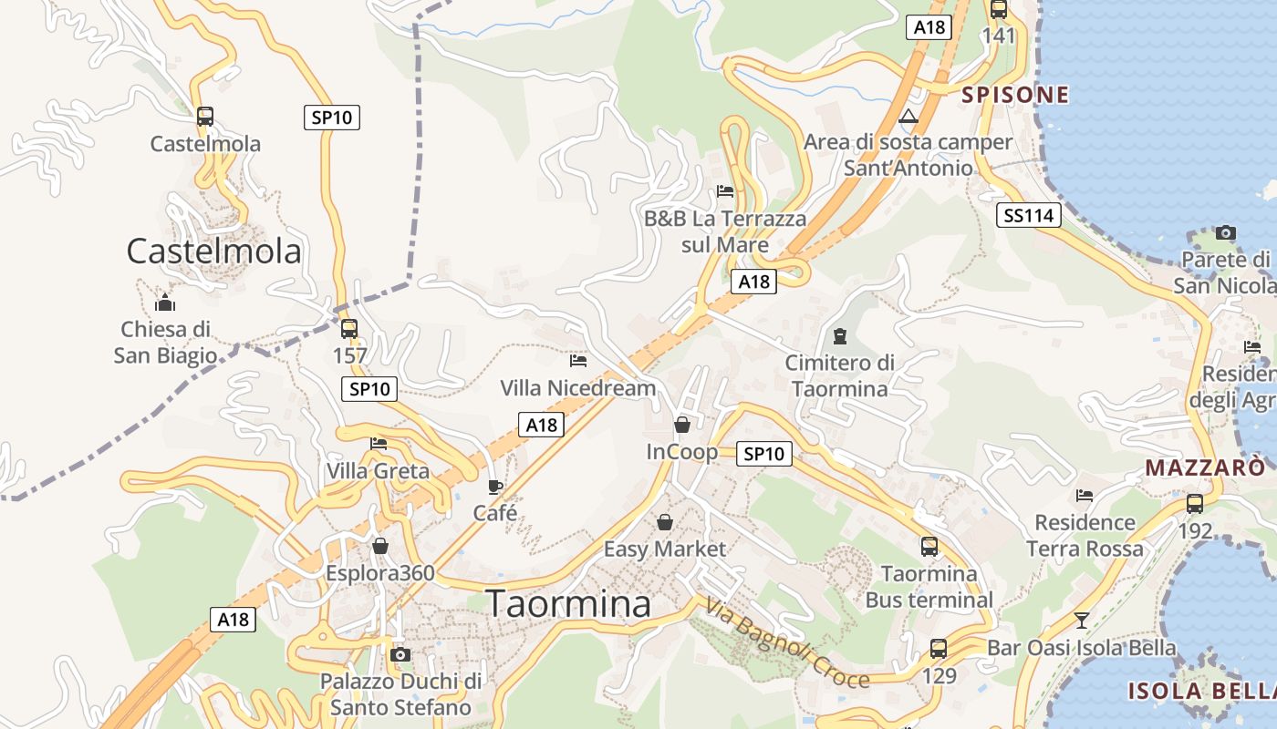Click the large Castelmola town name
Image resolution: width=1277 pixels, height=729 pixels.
[x=213, y=251]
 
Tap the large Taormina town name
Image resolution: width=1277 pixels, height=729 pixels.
[x=568, y=603]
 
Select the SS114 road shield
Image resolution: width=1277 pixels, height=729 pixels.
[x=1029, y=215]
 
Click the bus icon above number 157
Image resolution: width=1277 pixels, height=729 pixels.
[x=349, y=329]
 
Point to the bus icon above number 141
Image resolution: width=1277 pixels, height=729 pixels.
[x=999, y=10]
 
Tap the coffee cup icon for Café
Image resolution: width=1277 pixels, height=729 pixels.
[x=495, y=488]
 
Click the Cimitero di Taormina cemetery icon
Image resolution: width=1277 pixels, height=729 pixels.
[x=840, y=336]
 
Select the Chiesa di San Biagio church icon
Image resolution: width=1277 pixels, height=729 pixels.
[x=165, y=302]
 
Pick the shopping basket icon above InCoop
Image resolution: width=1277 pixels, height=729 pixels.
[x=681, y=425]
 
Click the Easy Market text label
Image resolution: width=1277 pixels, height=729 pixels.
[x=665, y=549]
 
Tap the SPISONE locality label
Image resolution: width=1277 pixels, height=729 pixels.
[x=1015, y=95]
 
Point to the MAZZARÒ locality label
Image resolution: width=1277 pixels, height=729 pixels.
[x=1205, y=468]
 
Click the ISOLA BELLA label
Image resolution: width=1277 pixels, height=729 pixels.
[x=1201, y=691]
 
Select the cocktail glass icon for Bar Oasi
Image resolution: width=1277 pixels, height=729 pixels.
[x=1082, y=621]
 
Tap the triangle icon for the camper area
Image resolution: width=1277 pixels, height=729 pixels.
[x=908, y=117]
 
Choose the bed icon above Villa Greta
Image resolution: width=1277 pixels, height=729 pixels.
[x=379, y=444]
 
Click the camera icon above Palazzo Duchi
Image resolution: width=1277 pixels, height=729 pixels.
[x=400, y=654]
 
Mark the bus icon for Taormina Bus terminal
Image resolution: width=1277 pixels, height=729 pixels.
[x=929, y=547]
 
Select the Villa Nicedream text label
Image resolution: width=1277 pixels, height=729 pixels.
[x=577, y=388]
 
